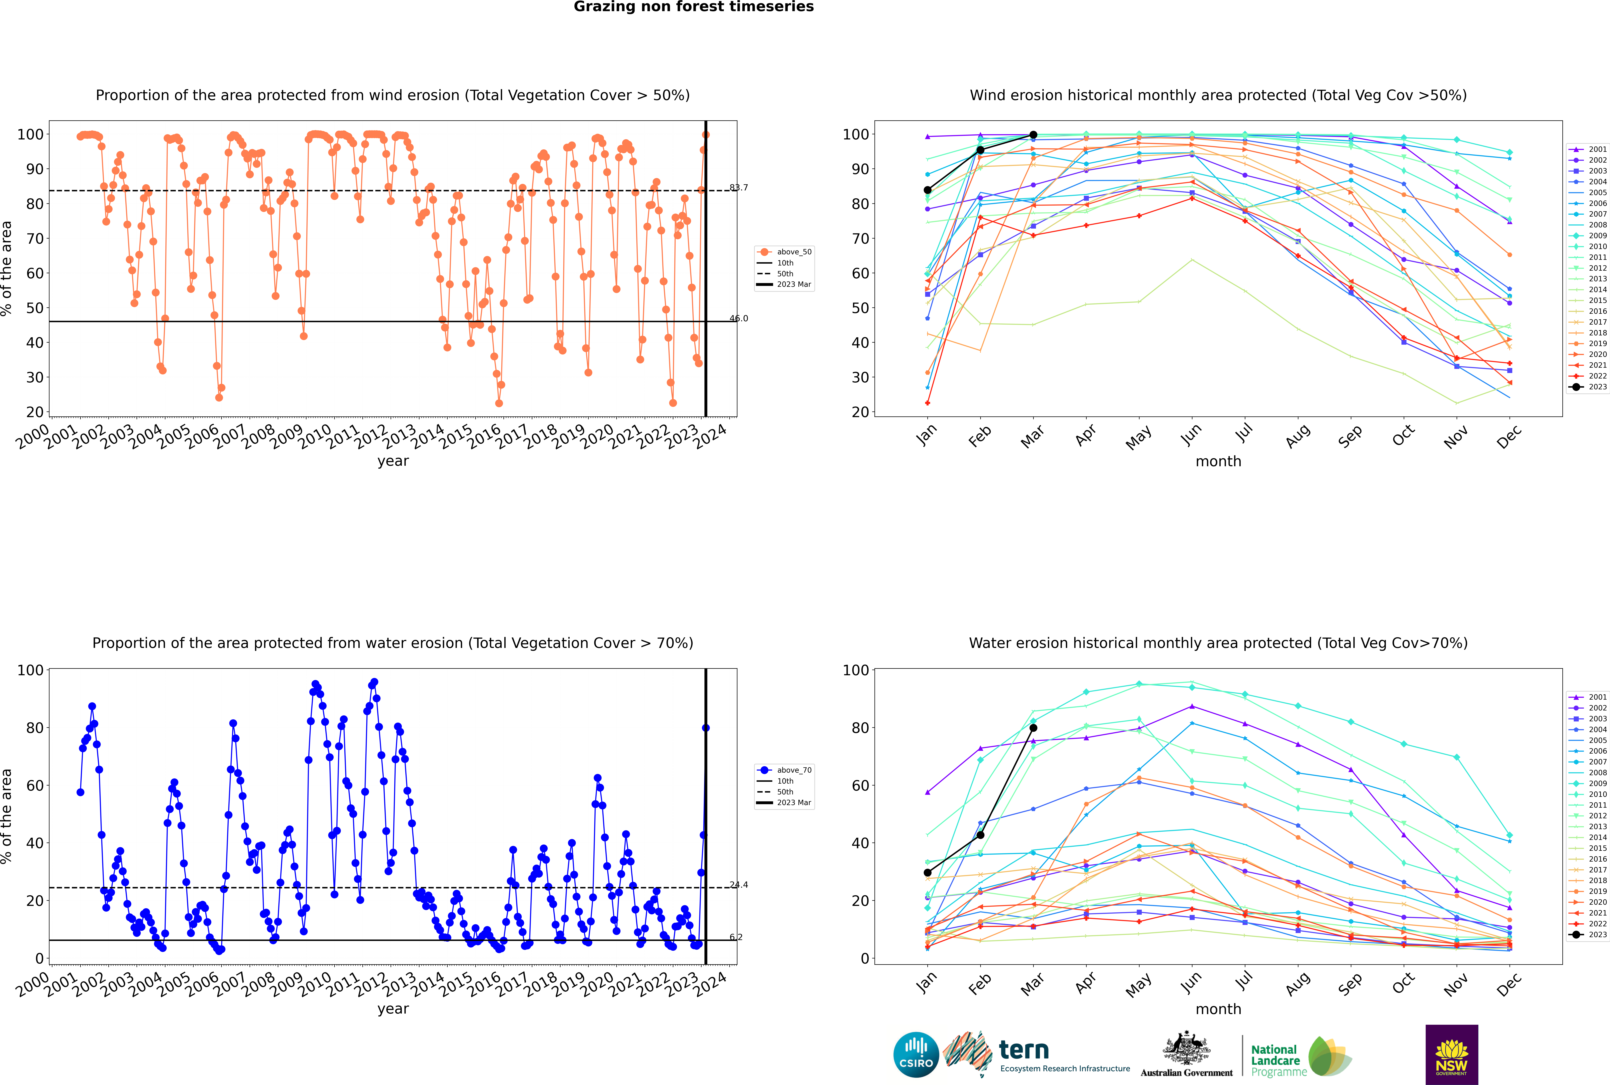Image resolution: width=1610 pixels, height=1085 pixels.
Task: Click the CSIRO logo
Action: point(916,1055)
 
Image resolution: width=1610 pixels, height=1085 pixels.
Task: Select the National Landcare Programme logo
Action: point(1301,1057)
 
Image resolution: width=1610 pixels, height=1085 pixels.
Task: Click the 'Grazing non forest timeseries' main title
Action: point(694,7)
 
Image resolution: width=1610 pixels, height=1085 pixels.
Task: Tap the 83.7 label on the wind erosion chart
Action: point(739,188)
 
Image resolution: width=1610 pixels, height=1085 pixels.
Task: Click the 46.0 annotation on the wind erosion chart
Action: point(739,318)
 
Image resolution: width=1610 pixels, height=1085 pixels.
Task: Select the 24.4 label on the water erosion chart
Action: point(739,885)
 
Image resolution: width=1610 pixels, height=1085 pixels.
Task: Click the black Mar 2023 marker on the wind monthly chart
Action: point(1033,135)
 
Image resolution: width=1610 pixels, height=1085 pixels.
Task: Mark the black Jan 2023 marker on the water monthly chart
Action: point(928,873)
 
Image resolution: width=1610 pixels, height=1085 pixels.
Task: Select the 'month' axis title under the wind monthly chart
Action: point(1218,462)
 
